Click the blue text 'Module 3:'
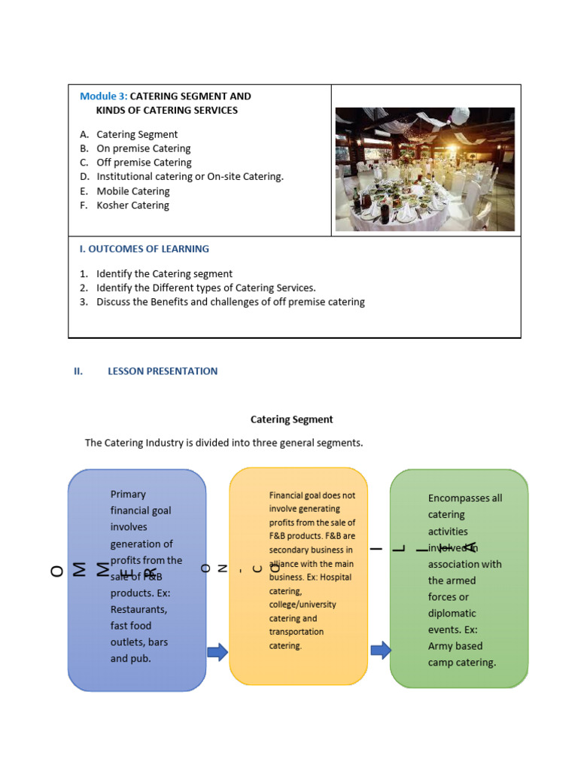coord(104,96)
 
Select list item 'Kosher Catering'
coord(132,206)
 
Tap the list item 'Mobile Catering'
coord(132,191)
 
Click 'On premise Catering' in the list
coord(143,148)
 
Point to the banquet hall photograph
coord(424,169)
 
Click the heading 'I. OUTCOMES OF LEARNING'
coord(144,248)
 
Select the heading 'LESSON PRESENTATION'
coord(163,371)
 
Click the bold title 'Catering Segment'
coord(291,419)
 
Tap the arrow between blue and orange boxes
coord(218,652)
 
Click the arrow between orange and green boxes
coord(381,650)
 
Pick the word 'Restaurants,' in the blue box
coord(139,609)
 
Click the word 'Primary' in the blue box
coord(128,494)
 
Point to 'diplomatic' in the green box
coord(452,613)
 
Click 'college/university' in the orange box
coord(303,605)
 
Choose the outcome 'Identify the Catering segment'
coord(164,274)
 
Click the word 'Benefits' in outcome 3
coord(162,302)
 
